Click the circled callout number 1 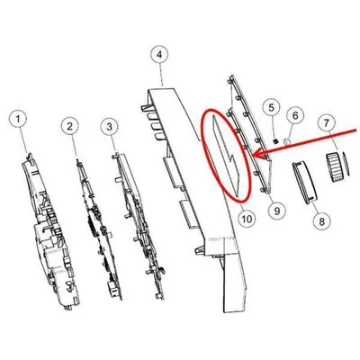(x=18, y=120)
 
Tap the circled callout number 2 (x=70, y=126)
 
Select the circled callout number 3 (x=110, y=126)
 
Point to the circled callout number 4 (x=159, y=55)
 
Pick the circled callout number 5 (x=271, y=107)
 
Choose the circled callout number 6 (x=295, y=115)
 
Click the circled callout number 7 (x=326, y=122)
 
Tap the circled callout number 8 (x=322, y=222)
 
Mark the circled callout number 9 (x=276, y=211)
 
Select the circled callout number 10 (x=247, y=219)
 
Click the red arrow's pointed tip (x=254, y=155)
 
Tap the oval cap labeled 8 (x=304, y=182)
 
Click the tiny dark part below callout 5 (x=276, y=140)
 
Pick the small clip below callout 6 (x=286, y=140)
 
